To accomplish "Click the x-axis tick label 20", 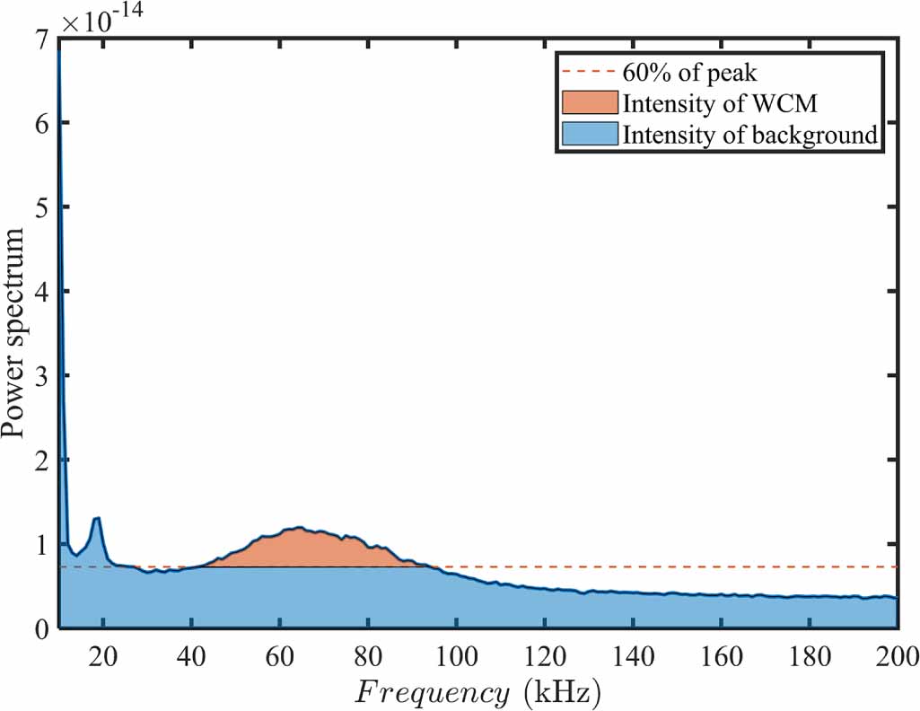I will (x=103, y=654).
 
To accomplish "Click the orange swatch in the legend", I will (x=591, y=103).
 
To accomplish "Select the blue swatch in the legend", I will (x=591, y=135).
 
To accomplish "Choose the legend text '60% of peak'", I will (x=690, y=73).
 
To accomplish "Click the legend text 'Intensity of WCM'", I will (x=719, y=103).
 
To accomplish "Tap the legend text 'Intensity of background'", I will (x=749, y=135).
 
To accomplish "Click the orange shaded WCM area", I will (x=296, y=548).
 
